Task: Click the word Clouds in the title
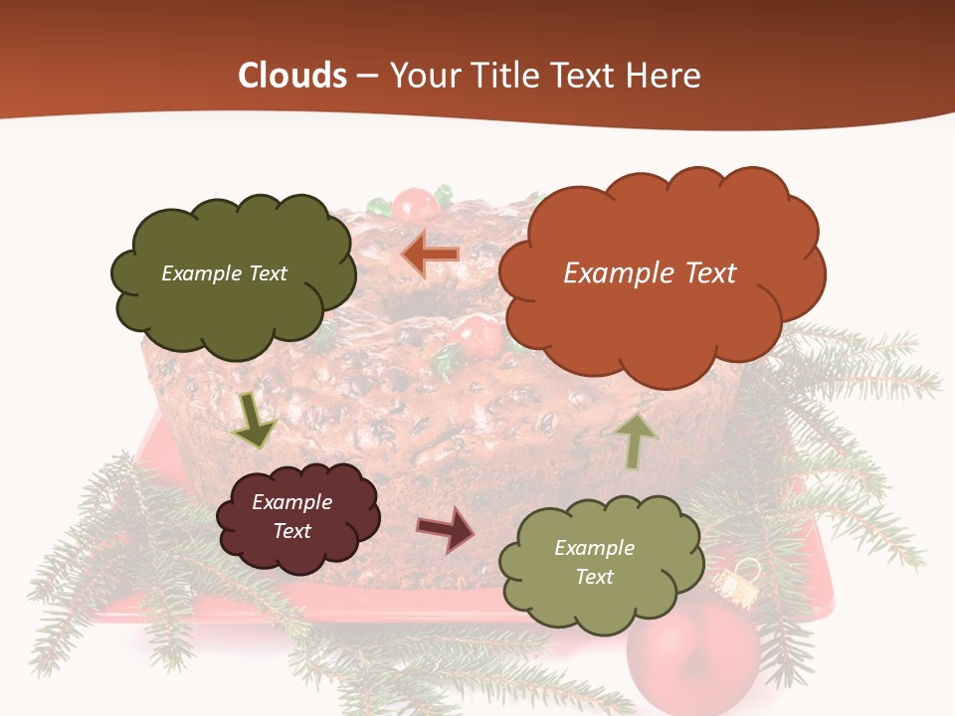click(292, 76)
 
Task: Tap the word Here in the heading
click(665, 76)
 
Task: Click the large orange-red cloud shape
click(661, 273)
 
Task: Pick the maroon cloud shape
click(296, 517)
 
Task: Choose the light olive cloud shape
click(595, 562)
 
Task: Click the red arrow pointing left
click(431, 255)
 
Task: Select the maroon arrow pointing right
click(445, 529)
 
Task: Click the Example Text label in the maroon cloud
click(292, 516)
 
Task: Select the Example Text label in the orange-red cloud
click(651, 273)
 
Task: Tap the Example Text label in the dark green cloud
click(225, 273)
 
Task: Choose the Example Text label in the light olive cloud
click(595, 562)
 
